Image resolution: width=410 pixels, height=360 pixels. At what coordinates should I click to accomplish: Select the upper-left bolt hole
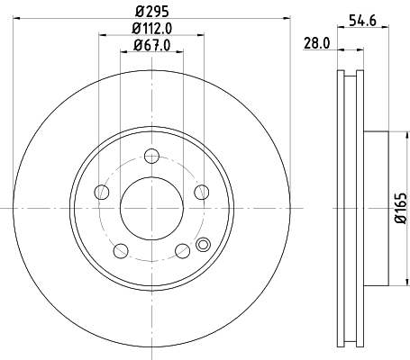pyautogui.click(x=102, y=193)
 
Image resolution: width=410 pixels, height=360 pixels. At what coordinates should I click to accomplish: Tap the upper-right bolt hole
pyautogui.click(x=201, y=193)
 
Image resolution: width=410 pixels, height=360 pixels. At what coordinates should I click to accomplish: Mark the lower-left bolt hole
pyautogui.click(x=121, y=250)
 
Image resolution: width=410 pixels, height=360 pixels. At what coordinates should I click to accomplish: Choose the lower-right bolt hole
pyautogui.click(x=182, y=250)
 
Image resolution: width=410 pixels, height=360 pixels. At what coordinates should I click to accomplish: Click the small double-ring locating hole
pyautogui.click(x=202, y=242)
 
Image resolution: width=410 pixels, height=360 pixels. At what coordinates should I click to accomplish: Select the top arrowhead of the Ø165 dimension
pyautogui.click(x=393, y=133)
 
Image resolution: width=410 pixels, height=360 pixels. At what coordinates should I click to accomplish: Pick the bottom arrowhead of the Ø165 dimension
pyautogui.click(x=393, y=282)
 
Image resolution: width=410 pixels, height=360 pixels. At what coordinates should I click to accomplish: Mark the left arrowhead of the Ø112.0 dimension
pyautogui.click(x=100, y=35)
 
